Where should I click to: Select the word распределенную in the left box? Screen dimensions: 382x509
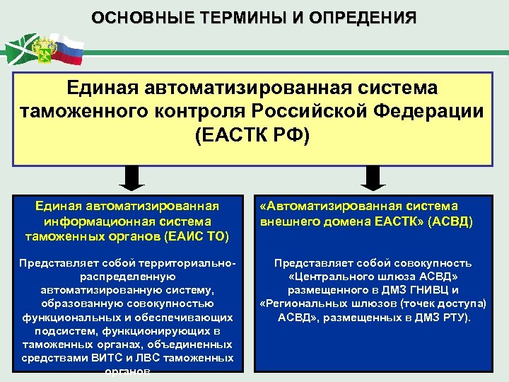click(127, 277)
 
